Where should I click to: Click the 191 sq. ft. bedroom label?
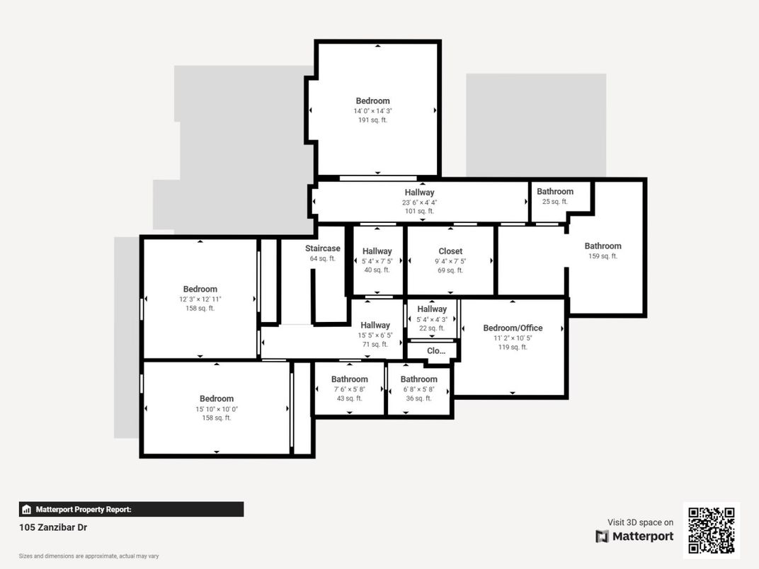pyautogui.click(x=372, y=100)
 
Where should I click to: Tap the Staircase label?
pyautogui.click(x=322, y=248)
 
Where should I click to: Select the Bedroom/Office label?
pyautogui.click(x=513, y=328)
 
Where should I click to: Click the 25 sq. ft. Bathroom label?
pyautogui.click(x=554, y=192)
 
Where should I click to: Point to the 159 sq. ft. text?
pyautogui.click(x=603, y=256)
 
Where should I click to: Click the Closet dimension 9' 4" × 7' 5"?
pyautogui.click(x=450, y=261)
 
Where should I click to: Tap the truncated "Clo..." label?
pyautogui.click(x=436, y=351)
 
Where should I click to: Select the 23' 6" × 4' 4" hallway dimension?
pyautogui.click(x=419, y=202)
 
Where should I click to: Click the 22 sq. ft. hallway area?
pyautogui.click(x=432, y=328)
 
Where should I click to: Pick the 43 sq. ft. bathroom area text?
pyautogui.click(x=350, y=398)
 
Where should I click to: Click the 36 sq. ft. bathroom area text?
pyautogui.click(x=418, y=398)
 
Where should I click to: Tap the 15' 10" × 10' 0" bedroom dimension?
pyautogui.click(x=217, y=409)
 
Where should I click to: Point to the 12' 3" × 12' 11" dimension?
pyautogui.click(x=200, y=299)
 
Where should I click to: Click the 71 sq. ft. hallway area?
pyautogui.click(x=375, y=345)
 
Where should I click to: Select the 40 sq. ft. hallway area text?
pyautogui.click(x=377, y=270)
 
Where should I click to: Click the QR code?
pyautogui.click(x=712, y=530)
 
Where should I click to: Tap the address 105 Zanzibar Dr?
pyautogui.click(x=53, y=527)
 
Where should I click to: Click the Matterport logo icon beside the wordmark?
pyautogui.click(x=602, y=536)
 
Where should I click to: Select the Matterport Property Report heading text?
pyautogui.click(x=84, y=510)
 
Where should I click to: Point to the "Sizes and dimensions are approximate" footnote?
pyautogui.click(x=89, y=556)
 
